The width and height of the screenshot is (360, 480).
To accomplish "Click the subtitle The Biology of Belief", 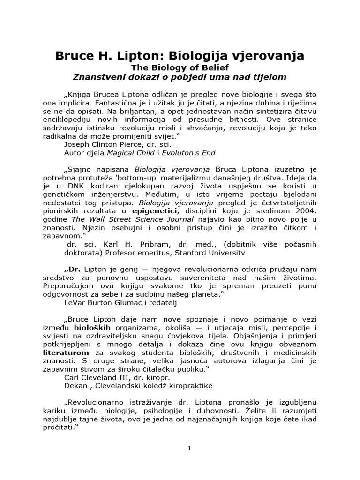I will pyautogui.click(x=180, y=67).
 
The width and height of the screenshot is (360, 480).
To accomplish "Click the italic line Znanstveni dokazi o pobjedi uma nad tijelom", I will pyautogui.click(x=180, y=76).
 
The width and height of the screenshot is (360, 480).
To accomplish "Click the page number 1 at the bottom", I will pyautogui.click(x=189, y=448).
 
